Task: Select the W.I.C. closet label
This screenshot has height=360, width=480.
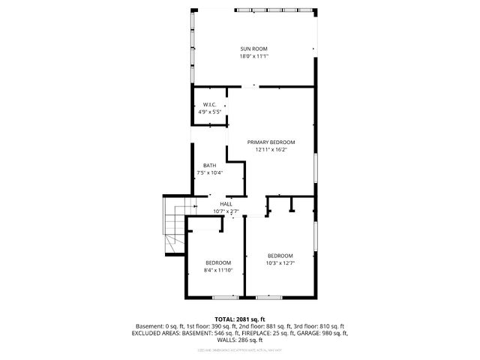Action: (209, 104)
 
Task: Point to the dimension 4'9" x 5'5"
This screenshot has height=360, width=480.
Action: (209, 112)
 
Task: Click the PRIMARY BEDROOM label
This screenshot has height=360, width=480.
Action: (271, 142)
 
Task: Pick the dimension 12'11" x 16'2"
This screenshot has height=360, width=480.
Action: (271, 149)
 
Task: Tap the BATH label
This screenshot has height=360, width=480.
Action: (209, 166)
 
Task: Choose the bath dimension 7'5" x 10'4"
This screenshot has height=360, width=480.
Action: (209, 173)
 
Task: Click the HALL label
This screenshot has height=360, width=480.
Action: (226, 204)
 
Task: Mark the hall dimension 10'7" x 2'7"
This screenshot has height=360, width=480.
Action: (226, 211)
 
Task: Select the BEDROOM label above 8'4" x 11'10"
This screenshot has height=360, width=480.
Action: (218, 262)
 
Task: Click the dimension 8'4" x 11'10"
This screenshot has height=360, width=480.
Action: (218, 270)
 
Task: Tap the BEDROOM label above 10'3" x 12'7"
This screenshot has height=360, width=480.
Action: (280, 255)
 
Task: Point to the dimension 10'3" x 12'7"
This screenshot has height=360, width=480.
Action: (280, 262)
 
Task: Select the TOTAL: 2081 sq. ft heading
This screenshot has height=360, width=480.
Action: (240, 319)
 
